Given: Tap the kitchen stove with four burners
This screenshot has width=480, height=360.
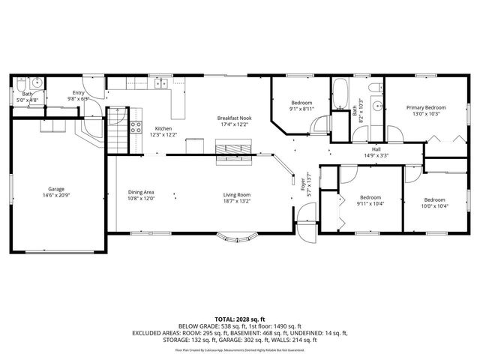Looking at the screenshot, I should coord(136,127).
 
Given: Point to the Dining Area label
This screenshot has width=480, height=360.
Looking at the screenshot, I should coord(141,193).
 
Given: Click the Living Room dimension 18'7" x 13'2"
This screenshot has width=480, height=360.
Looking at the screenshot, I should coord(235,200).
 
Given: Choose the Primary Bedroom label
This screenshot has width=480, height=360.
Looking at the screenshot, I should coord(426,107).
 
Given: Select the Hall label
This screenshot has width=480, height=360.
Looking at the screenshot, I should coord(366,149).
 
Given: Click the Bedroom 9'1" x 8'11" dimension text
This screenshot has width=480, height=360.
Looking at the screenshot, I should coord(301,109).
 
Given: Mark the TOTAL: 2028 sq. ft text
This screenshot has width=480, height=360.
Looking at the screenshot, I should coord(240,318).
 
